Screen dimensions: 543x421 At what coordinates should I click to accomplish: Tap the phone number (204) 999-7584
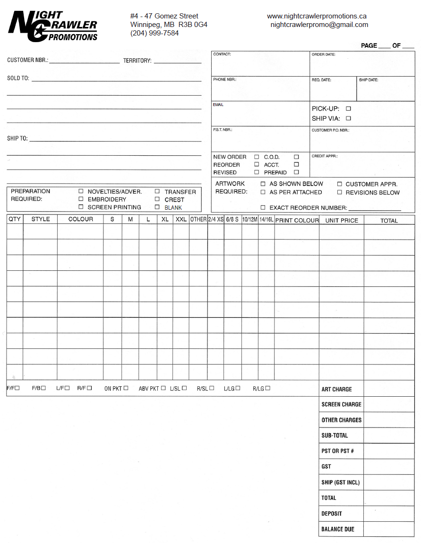point(155,33)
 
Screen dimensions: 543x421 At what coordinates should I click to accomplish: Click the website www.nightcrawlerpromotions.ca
point(317,16)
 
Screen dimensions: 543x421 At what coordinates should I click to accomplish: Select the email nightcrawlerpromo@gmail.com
point(319,25)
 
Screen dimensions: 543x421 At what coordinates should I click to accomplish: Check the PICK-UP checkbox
point(348,109)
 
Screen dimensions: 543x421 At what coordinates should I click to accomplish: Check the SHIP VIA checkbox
point(348,118)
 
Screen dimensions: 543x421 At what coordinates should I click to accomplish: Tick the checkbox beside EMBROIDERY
point(81,199)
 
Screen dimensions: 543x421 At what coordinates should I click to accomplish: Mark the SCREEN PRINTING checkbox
point(81,207)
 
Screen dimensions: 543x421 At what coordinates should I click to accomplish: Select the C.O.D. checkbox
point(296,157)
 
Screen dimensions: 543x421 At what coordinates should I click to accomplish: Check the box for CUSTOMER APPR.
point(339,184)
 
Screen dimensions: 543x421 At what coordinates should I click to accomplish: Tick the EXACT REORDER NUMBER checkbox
point(263,208)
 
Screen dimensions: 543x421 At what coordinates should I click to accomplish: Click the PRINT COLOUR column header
point(297,220)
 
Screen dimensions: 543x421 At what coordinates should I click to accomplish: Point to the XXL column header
point(181,220)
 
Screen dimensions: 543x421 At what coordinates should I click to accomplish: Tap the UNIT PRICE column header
point(342,220)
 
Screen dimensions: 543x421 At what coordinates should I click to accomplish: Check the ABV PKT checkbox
point(163,388)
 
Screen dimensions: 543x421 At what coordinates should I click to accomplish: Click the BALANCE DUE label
point(337,529)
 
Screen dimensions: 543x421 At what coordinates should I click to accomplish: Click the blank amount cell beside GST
point(389,466)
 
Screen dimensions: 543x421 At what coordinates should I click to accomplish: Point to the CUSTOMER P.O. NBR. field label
point(330,130)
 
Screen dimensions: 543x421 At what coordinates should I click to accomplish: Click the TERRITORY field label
point(137,61)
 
